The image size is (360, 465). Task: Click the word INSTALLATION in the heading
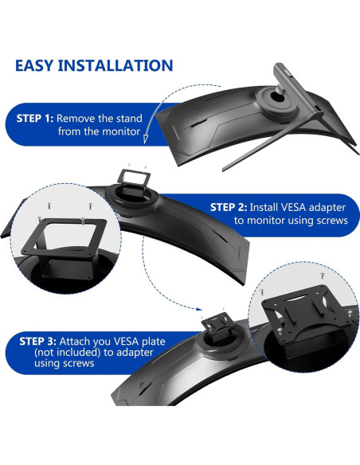click(115, 65)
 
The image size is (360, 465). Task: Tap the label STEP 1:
click(35, 119)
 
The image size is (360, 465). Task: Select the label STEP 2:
click(229, 207)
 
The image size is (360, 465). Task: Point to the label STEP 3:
click(37, 342)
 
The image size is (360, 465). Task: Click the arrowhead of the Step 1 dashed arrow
click(145, 139)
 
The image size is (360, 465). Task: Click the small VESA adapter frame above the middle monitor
click(134, 178)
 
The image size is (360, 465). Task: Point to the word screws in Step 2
click(332, 221)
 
